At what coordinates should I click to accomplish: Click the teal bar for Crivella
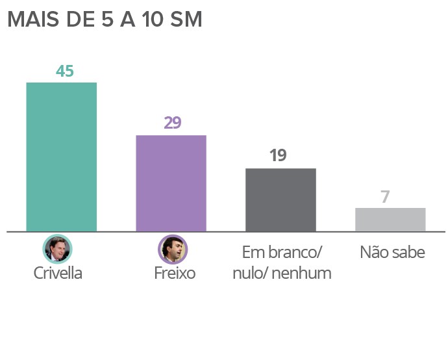61,157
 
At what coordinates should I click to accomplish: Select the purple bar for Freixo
171,183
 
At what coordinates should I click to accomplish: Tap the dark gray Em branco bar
280,199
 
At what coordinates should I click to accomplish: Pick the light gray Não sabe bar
390,220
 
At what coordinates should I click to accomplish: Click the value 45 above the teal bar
64,71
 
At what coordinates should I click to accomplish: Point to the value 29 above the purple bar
172,123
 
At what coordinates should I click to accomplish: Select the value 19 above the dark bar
277,156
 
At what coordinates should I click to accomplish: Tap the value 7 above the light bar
385,196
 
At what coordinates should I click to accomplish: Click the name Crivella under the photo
58,273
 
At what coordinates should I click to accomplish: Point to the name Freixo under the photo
175,273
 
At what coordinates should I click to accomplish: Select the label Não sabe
392,252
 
